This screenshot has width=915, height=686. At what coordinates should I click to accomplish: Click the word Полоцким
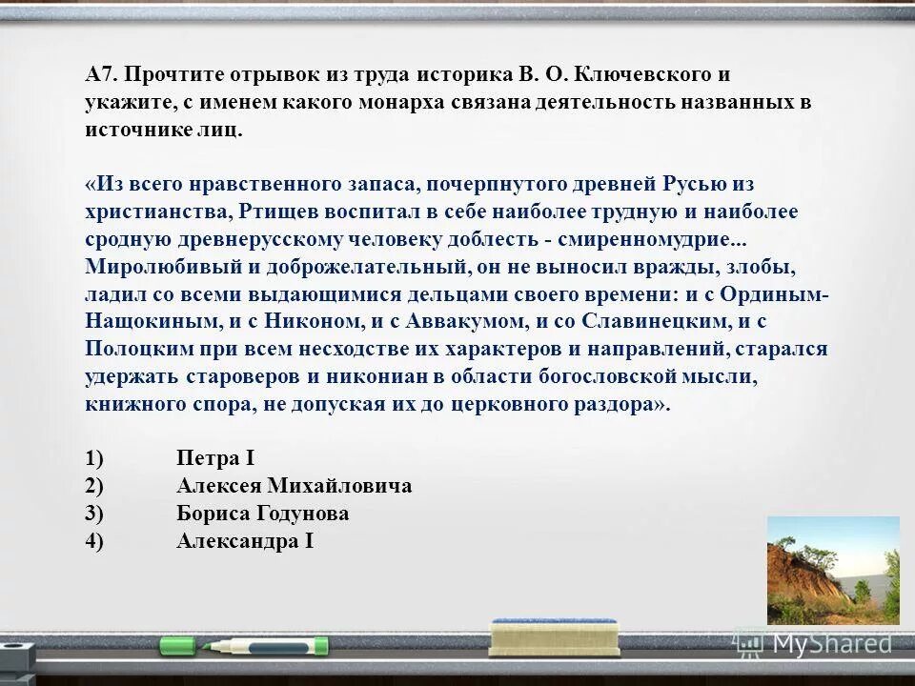click(136, 349)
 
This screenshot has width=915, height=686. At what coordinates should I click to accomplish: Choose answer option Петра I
click(215, 458)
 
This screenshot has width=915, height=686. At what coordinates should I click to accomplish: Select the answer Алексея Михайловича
click(295, 486)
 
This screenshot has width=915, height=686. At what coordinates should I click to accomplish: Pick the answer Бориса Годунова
click(263, 514)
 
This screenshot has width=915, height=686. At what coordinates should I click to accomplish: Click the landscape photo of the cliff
click(832, 570)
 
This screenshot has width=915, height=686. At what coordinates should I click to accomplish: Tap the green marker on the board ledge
click(243, 646)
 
